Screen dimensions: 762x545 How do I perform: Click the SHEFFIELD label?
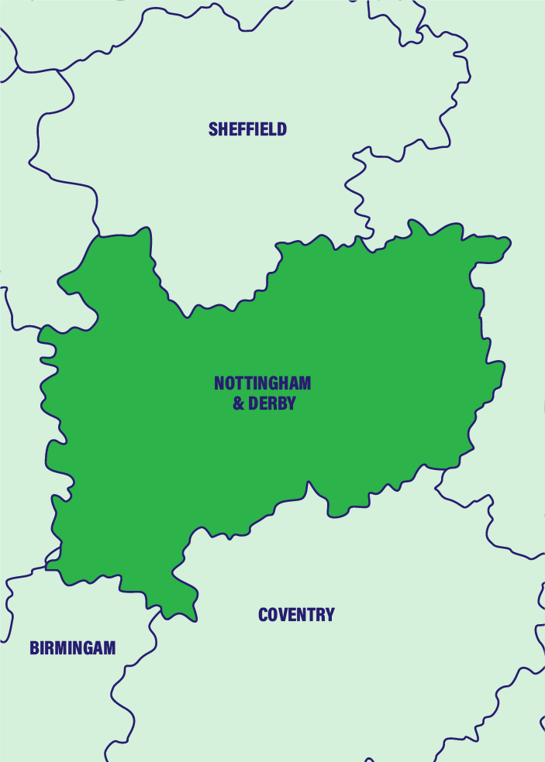(247, 129)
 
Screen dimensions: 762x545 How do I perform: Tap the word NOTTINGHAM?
(262, 383)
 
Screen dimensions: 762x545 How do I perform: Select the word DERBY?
(271, 403)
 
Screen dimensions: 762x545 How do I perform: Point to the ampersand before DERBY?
(239, 403)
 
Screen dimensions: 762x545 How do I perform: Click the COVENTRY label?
(296, 615)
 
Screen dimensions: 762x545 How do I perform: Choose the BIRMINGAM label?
(72, 648)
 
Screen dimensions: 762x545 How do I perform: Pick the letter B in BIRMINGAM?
(34, 648)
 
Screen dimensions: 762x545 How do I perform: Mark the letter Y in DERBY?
(291, 403)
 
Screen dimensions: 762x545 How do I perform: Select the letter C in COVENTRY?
(263, 615)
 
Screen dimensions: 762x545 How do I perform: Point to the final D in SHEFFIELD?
(281, 129)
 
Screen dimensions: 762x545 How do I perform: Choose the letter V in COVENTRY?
(284, 615)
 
